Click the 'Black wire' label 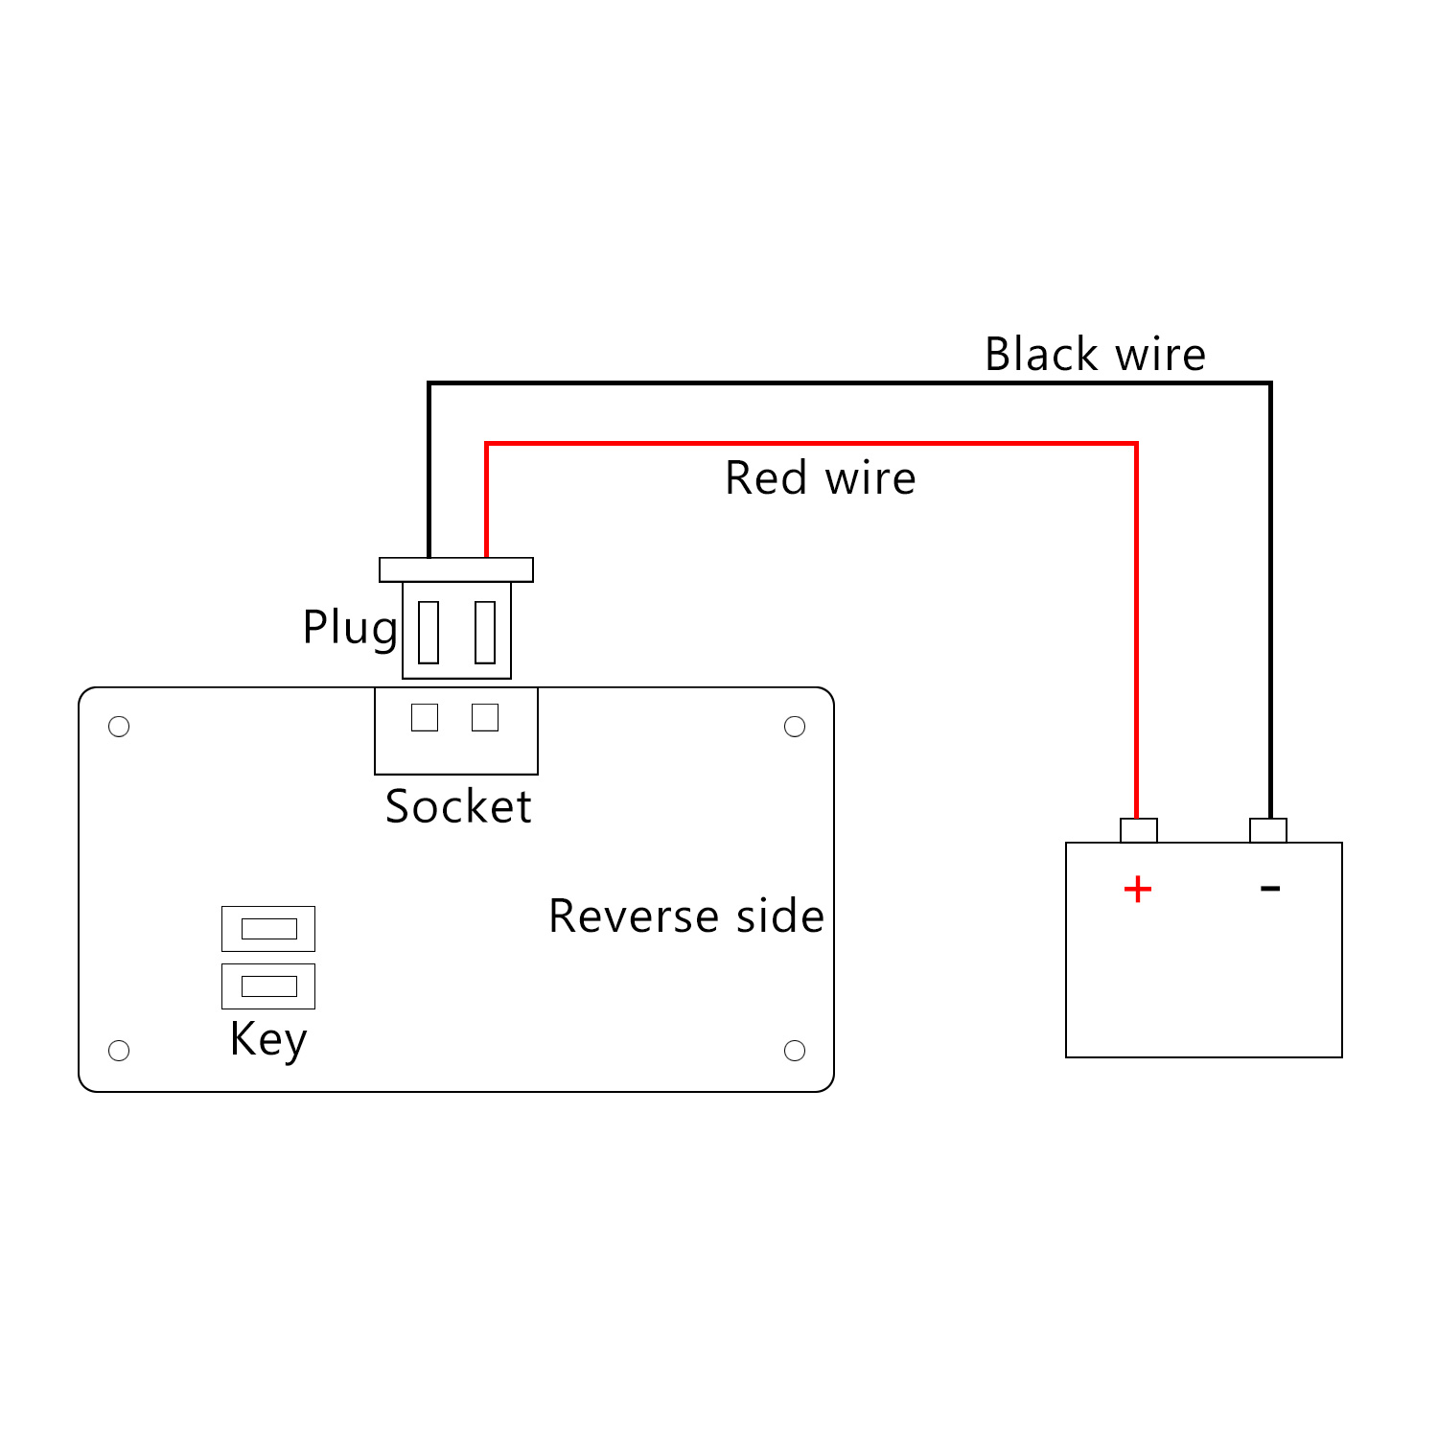[1095, 355]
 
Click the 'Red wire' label [820, 477]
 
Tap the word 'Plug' [350, 629]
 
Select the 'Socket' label [458, 806]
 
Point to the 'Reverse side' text [686, 916]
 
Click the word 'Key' [268, 1039]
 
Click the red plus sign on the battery [1137, 890]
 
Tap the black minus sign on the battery [1270, 889]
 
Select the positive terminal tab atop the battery [1138, 830]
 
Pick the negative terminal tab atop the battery [1267, 830]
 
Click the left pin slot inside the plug [429, 632]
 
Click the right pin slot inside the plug [485, 632]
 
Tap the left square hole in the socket [425, 717]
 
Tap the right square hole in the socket [485, 717]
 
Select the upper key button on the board [268, 928]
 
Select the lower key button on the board [268, 986]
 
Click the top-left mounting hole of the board [119, 727]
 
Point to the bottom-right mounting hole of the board [795, 1051]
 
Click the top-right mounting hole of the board [795, 727]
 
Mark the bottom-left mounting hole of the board [119, 1051]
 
